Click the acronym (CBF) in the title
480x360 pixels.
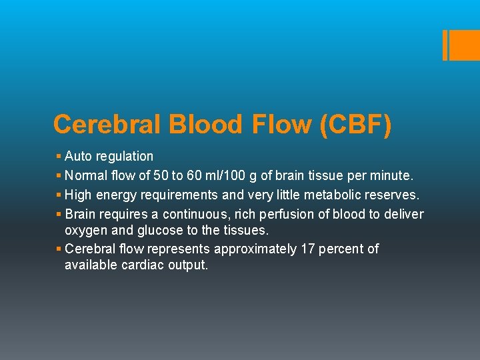tap(356, 125)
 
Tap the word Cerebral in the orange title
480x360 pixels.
tap(108, 125)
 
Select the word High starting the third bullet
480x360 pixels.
tap(79, 195)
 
